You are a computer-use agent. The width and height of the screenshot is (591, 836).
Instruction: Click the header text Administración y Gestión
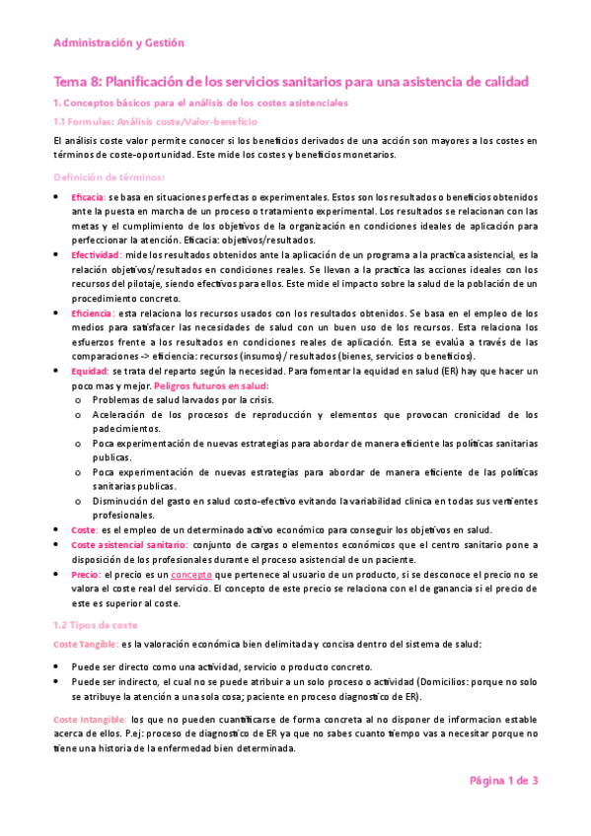coord(118,43)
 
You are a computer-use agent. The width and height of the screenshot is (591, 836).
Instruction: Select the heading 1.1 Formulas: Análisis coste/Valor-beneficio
coord(154,121)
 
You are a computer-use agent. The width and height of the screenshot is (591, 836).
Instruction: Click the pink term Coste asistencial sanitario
coord(128,543)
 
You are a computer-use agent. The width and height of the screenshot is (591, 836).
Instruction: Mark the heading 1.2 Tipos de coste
coord(96,625)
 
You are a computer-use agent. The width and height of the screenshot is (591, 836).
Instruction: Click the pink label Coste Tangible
coord(86,644)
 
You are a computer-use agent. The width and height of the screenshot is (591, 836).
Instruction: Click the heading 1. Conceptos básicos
coord(199,103)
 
